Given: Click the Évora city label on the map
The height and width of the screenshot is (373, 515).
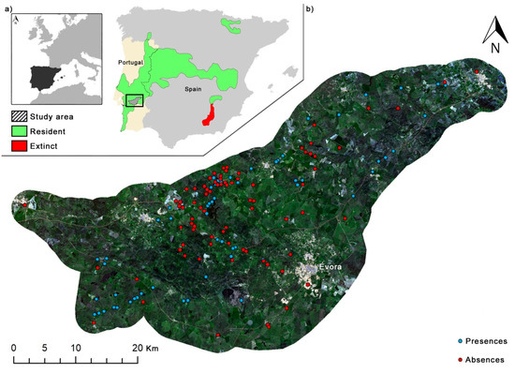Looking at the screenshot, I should click(x=327, y=266).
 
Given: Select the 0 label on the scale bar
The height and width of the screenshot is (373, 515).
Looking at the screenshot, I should click(x=14, y=348).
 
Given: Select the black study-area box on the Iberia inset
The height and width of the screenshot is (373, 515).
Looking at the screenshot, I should click(x=136, y=99).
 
